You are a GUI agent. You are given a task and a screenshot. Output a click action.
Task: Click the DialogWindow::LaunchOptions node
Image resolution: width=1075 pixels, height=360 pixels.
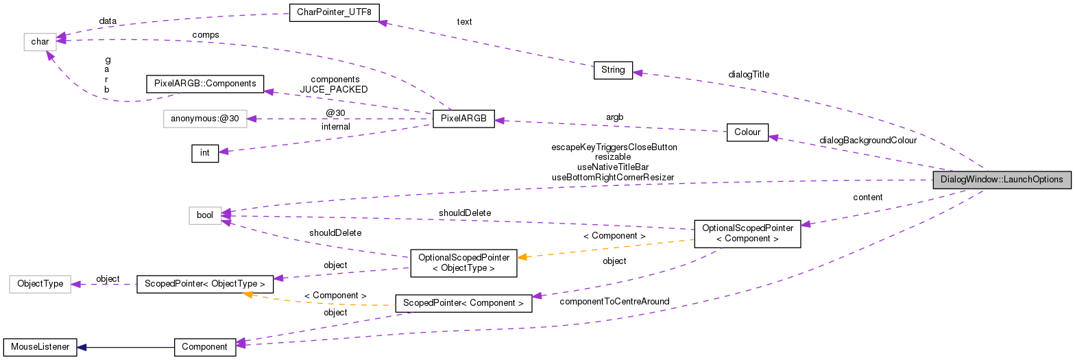click(x=1002, y=180)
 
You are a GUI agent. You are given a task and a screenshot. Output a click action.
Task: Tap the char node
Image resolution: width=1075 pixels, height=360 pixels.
click(x=40, y=42)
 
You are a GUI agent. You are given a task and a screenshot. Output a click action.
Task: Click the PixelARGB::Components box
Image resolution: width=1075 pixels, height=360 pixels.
click(x=205, y=84)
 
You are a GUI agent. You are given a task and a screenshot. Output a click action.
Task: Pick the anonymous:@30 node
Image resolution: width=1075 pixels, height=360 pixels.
click(x=204, y=119)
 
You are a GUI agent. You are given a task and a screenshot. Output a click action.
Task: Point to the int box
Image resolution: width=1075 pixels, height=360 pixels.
click(x=204, y=153)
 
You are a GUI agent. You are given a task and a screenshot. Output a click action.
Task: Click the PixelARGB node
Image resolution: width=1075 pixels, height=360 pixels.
click(x=463, y=119)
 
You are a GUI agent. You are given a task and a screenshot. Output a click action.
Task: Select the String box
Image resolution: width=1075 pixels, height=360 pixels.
click(x=612, y=70)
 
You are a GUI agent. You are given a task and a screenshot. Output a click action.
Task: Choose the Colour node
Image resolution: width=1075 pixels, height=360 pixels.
click(x=747, y=132)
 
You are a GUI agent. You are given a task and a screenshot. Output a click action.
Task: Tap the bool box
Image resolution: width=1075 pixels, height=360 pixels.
click(x=205, y=215)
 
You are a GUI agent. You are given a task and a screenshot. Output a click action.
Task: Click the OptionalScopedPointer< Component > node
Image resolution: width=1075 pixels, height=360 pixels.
click(x=747, y=234)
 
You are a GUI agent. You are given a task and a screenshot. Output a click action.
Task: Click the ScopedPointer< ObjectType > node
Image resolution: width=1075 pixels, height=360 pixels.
click(x=205, y=283)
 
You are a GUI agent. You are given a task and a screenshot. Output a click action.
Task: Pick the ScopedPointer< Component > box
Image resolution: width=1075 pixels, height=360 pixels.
click(x=463, y=302)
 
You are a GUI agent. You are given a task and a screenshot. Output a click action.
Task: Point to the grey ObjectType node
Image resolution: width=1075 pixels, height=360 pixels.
click(x=40, y=283)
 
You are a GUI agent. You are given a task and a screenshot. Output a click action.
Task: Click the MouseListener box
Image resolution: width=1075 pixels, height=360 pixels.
click(x=40, y=347)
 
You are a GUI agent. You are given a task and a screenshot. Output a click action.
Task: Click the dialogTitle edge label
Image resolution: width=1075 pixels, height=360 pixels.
click(x=749, y=74)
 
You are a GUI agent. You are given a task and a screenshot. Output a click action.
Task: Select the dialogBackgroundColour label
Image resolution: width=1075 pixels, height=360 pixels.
click(x=867, y=141)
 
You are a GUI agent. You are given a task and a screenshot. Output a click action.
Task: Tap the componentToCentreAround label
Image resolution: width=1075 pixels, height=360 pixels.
click(x=614, y=302)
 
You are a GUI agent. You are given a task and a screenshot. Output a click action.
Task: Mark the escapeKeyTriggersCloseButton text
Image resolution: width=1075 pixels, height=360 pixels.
click(x=614, y=147)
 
